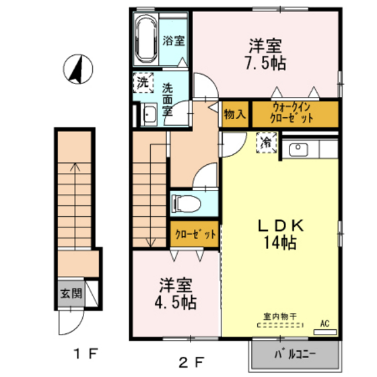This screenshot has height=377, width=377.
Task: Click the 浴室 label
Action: [x=174, y=40]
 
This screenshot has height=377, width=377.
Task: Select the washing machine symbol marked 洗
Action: [x=143, y=83]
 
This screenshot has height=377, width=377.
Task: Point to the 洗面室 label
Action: [x=167, y=98]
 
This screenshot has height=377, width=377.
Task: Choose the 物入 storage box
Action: [x=234, y=114]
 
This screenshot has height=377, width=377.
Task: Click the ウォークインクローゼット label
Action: [x=294, y=113]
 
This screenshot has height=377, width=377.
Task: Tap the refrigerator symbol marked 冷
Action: [x=267, y=142]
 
